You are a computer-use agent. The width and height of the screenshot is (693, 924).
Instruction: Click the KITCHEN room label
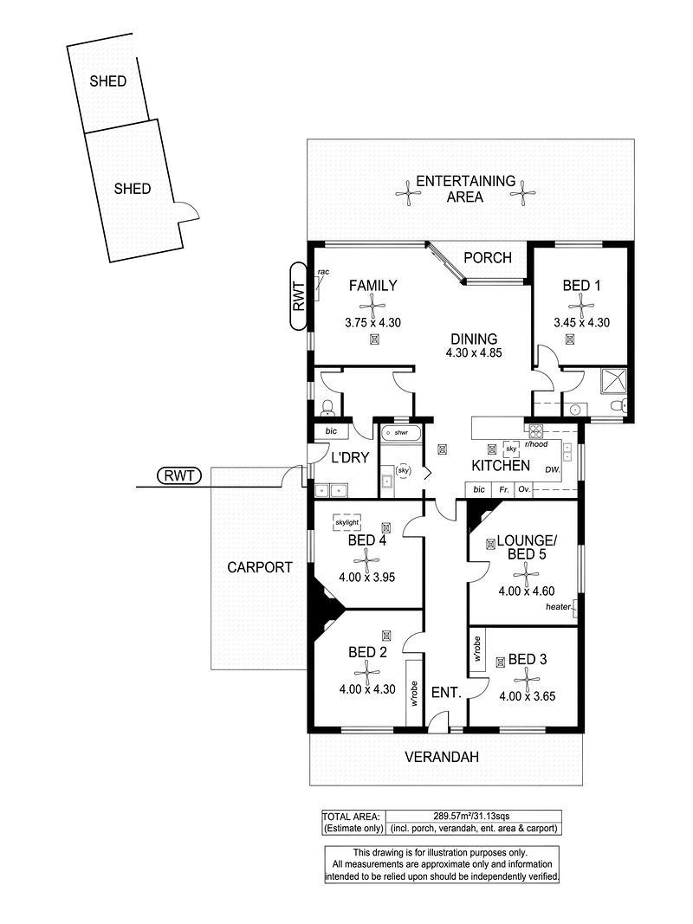(501, 466)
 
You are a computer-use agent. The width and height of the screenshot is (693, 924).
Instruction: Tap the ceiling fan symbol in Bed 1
(580, 307)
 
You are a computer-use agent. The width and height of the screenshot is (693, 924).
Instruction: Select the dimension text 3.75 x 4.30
(372, 323)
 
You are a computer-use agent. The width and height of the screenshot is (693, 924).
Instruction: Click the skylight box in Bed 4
(347, 522)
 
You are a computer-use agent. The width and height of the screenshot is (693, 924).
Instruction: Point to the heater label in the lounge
(558, 606)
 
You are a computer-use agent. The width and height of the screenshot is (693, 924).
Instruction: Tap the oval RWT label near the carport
(179, 475)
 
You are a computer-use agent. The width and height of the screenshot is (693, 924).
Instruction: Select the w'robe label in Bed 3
(477, 649)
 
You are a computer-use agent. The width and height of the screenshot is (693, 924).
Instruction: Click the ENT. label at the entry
(446, 693)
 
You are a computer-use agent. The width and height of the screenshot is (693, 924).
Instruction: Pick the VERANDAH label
(442, 757)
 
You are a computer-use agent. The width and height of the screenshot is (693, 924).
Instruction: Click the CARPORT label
(260, 567)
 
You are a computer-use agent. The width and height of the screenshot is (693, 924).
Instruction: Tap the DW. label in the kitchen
(552, 469)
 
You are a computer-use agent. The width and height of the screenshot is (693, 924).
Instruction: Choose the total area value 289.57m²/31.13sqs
(471, 816)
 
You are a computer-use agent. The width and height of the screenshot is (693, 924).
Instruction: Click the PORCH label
(488, 257)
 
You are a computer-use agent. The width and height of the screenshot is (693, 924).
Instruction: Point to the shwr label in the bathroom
(401, 432)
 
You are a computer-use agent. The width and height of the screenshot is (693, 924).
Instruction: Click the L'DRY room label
(350, 457)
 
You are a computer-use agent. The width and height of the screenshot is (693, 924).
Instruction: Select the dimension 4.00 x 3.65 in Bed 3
(528, 696)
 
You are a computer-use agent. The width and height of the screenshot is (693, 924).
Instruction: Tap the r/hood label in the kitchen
(536, 444)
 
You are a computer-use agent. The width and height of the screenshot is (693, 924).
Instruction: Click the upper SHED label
(107, 81)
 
